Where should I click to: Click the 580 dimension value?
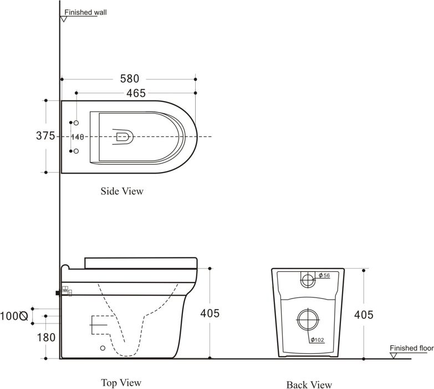coord(130,79)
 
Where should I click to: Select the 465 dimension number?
coord(136,93)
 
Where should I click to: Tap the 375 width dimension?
coord(45,136)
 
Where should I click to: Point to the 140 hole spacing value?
coord(78,137)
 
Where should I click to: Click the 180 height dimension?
coord(46,337)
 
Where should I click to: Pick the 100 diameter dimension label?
coord(14,316)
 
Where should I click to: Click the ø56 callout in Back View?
coord(324,275)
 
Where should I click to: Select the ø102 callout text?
coord(317,340)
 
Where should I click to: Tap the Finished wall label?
coord(85,12)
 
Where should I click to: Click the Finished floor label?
coord(412,348)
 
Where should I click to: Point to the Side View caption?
coord(122,191)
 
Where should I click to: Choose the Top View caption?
coord(121,383)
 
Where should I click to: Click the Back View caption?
coord(309,385)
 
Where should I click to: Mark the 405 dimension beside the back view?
coord(364,315)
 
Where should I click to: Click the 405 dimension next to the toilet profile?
coord(210,314)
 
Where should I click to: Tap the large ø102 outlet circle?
coord(308,310)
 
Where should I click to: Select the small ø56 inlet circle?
coord(308,274)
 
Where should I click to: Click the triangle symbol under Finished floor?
coord(394,356)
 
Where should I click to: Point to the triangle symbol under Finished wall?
coord(64,19)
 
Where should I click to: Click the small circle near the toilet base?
coord(103,348)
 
